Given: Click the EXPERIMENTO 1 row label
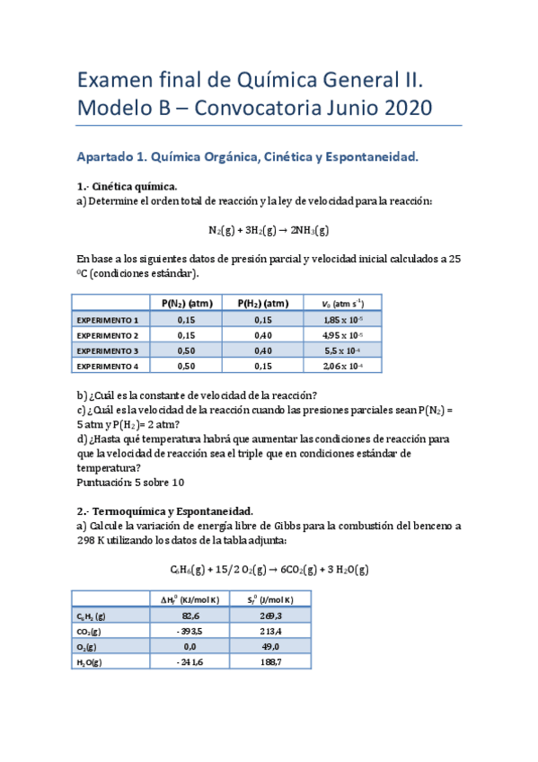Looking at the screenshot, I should (x=108, y=319).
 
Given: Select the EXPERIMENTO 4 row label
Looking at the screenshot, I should (x=108, y=366).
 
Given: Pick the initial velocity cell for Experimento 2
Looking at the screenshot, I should (x=342, y=334).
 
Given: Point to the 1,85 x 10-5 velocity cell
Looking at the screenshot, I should (x=342, y=319).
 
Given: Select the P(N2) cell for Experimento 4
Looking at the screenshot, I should (x=186, y=366).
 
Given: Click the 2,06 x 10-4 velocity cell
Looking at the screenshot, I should (x=342, y=366).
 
